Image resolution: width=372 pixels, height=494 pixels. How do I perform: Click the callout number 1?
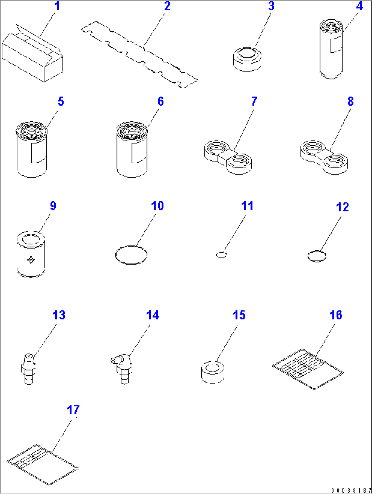[57, 6]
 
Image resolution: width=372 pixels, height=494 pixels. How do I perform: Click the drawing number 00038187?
[351, 490]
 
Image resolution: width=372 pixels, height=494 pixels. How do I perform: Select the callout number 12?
[342, 207]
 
